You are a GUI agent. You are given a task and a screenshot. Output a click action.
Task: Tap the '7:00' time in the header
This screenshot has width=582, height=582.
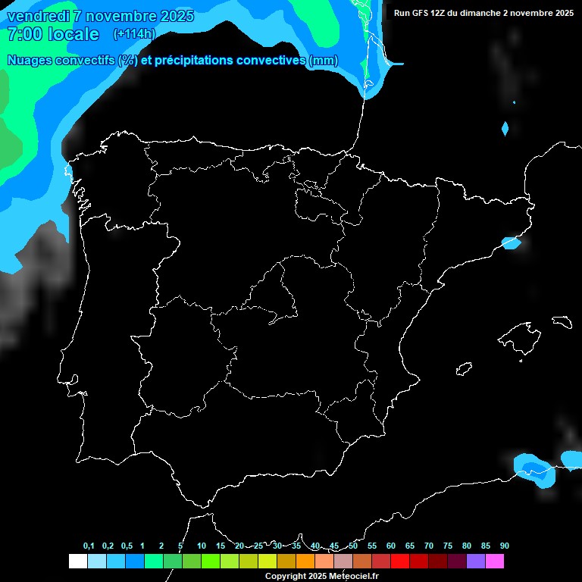[x=23, y=34]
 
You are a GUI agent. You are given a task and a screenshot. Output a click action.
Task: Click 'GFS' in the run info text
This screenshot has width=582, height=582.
[x=421, y=13]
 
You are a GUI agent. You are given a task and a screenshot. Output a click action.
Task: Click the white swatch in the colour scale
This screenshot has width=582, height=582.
[x=77, y=561]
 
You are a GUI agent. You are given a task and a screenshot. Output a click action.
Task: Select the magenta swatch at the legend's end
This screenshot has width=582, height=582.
[x=495, y=561]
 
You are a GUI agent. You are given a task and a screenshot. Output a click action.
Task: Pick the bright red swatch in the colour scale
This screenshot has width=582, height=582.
[x=400, y=561]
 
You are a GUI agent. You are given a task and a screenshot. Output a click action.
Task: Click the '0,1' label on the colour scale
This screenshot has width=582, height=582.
[x=89, y=546]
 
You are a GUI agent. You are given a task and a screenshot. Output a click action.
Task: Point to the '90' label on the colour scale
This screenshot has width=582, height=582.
[x=504, y=546]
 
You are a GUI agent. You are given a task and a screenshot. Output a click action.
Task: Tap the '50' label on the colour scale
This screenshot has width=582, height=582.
[x=353, y=546]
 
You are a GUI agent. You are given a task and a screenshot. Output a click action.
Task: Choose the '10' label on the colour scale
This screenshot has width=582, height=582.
[x=202, y=546]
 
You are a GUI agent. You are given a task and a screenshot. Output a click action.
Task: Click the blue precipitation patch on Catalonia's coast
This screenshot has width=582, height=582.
[x=512, y=243]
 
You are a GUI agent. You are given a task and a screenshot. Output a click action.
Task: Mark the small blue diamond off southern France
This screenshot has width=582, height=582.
[x=505, y=129]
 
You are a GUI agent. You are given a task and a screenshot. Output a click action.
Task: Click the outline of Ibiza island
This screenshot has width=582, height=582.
[x=465, y=368]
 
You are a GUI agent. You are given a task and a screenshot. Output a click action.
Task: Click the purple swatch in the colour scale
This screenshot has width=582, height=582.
[x=476, y=561]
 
